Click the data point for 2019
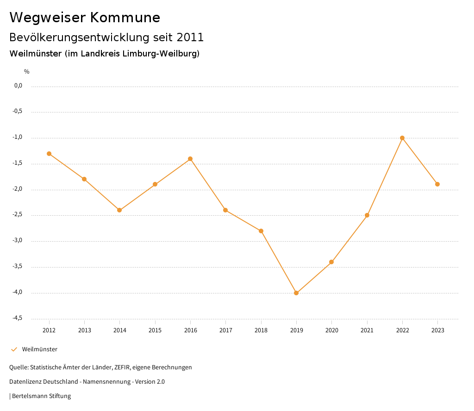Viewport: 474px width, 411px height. [296, 293]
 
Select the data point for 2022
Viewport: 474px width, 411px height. [402, 138]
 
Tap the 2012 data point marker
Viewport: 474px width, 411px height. [49, 154]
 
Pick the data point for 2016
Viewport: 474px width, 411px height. [190, 159]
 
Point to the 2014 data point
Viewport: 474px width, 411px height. [119, 210]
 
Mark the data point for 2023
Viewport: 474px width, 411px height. [437, 184]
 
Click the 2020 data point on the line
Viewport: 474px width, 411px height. [331, 262]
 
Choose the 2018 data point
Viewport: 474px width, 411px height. [261, 231]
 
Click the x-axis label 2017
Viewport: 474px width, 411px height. [225, 330]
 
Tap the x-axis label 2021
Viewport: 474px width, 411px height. [367, 330]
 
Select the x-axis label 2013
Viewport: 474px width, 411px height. [84, 330]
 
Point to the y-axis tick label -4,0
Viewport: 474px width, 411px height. [18, 293]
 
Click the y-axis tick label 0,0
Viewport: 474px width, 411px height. [19, 86]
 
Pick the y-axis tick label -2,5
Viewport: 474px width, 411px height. [18, 215]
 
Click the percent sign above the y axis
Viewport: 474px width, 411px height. [27, 72]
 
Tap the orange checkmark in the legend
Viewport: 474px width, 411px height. [14, 349]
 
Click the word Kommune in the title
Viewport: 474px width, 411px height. [125, 18]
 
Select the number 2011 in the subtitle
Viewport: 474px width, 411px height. [190, 37]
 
